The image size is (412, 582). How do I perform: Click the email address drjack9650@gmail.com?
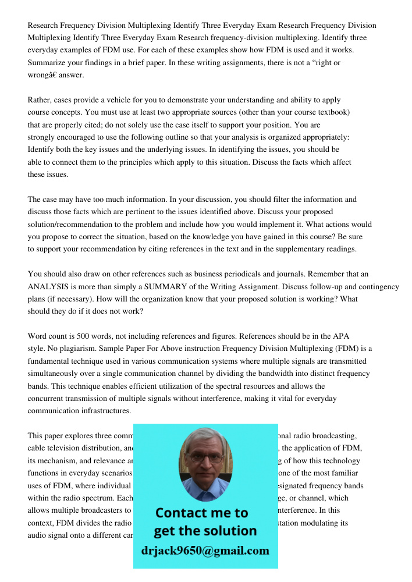[205, 551]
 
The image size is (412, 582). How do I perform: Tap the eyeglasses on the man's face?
[204, 457]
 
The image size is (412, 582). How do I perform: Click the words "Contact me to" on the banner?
[201, 513]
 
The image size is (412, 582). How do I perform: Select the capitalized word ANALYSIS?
[51, 286]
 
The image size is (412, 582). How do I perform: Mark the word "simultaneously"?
[58, 374]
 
